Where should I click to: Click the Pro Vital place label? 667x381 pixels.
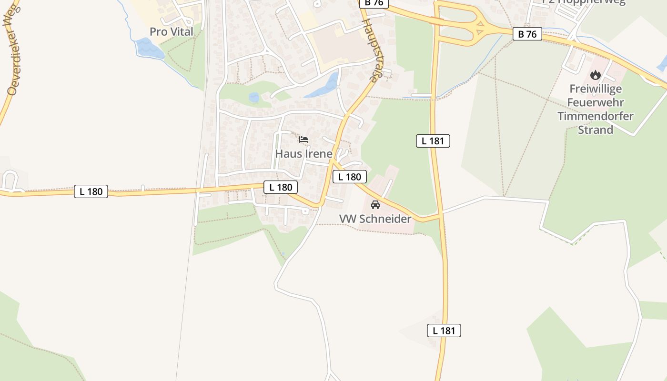(x=172, y=32)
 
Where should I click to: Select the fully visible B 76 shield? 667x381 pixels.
(x=527, y=34)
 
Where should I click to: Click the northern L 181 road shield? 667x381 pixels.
(x=433, y=140)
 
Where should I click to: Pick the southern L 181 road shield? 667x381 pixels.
(x=444, y=331)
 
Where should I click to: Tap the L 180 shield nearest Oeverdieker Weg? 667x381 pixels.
(x=91, y=191)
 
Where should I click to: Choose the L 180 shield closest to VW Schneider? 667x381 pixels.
(x=350, y=177)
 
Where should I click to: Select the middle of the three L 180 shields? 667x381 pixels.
(x=281, y=187)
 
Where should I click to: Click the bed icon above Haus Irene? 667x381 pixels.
(x=303, y=140)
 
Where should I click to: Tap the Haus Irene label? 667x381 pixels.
(x=303, y=154)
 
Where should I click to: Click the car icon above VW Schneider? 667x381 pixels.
(x=375, y=205)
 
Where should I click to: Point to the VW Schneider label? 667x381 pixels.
(x=375, y=219)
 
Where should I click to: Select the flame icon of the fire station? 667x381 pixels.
(x=595, y=75)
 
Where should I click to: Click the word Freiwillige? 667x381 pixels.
(x=595, y=89)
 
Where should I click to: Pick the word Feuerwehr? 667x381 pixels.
(x=595, y=102)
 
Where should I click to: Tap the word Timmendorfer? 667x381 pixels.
(x=595, y=116)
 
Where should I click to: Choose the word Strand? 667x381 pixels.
(x=595, y=130)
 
